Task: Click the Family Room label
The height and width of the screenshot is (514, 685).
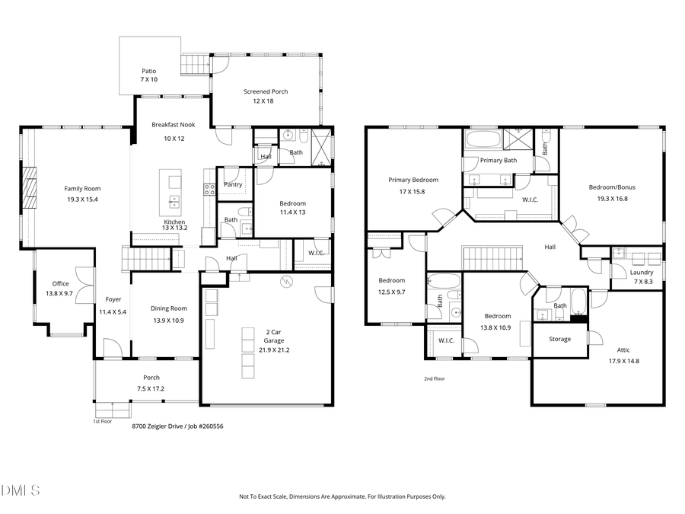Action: (82, 188)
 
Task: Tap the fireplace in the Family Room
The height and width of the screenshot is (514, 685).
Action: (28, 187)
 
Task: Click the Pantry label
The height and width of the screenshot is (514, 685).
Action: (234, 184)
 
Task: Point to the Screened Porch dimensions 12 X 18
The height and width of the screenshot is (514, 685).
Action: (266, 101)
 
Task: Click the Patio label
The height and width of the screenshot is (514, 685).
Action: (148, 71)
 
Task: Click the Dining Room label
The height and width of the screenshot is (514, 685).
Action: (168, 308)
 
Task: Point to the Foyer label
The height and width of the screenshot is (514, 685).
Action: (113, 299)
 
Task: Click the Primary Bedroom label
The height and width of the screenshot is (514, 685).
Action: (413, 180)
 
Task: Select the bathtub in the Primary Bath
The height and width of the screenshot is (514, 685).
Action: (483, 140)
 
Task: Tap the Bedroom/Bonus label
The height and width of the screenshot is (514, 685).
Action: (611, 187)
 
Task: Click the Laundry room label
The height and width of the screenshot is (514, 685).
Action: (642, 272)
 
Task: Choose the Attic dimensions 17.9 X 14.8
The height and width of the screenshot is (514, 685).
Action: (623, 361)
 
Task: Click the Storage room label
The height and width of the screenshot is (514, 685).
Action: (559, 339)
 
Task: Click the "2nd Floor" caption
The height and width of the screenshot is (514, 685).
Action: (434, 378)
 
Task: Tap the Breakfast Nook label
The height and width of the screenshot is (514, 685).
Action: (174, 124)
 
